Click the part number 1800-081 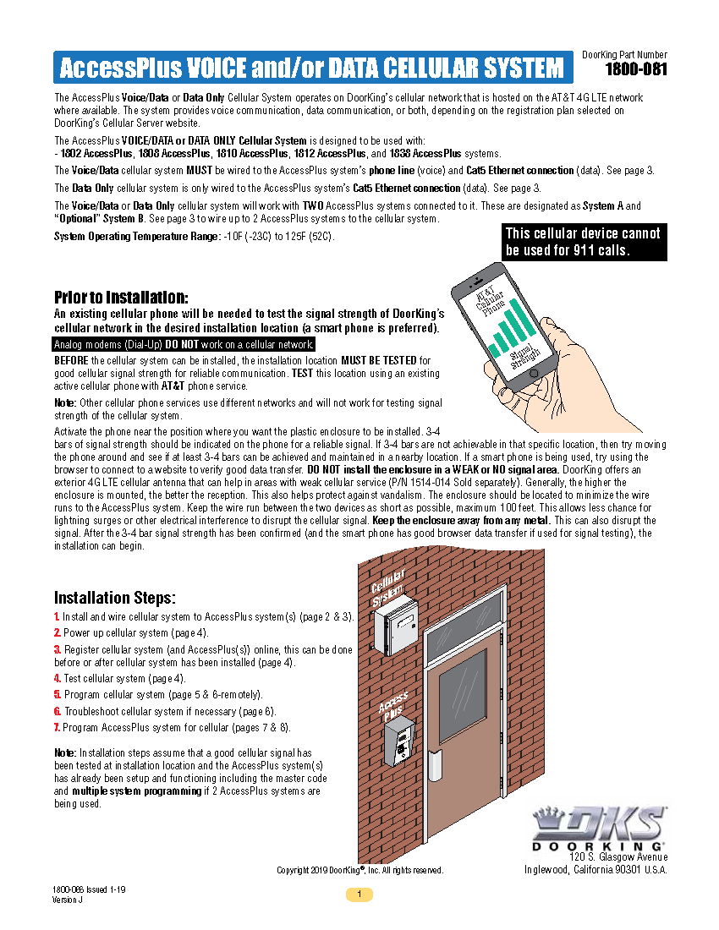point(636,69)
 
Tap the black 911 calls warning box point(584,242)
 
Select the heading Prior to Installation point(121,298)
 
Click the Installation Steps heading point(115,598)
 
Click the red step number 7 point(57,727)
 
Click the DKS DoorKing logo point(599,828)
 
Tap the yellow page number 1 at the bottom point(359,894)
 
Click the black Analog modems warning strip point(184,344)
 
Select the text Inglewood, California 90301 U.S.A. point(596,870)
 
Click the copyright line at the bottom point(360,870)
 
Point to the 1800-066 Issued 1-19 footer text point(89,890)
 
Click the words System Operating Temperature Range point(135,236)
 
